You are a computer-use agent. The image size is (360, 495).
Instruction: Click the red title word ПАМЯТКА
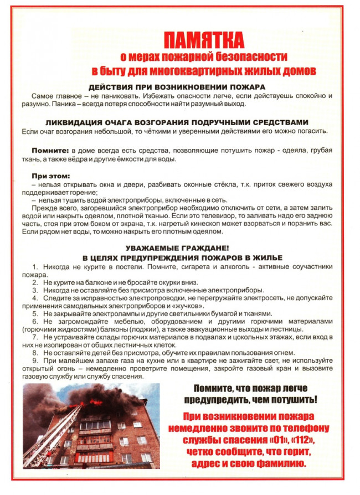point(204,40)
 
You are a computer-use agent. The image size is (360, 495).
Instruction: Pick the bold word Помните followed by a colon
point(49,151)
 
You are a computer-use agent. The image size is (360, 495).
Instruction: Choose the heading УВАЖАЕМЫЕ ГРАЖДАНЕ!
point(177,249)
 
